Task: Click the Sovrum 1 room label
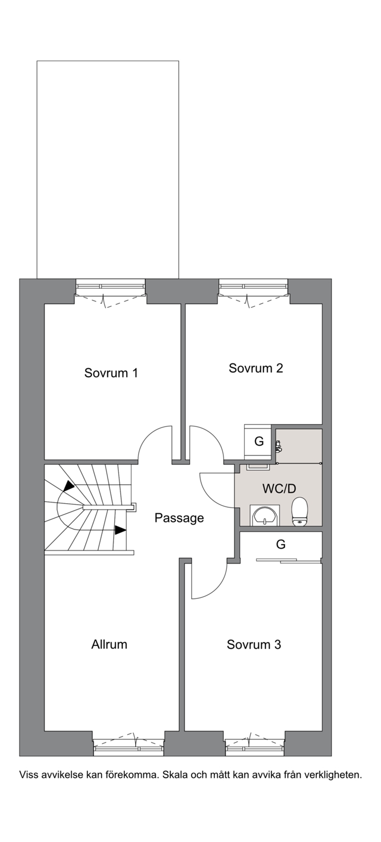click(x=111, y=373)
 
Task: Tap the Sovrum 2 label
click(x=256, y=368)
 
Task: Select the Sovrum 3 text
click(x=254, y=645)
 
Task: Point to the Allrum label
click(x=109, y=645)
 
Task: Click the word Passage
click(x=179, y=518)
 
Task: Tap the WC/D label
click(x=279, y=488)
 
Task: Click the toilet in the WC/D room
click(x=299, y=511)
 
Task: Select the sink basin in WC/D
click(x=265, y=515)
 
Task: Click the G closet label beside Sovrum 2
click(x=259, y=441)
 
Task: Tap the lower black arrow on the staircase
click(x=120, y=530)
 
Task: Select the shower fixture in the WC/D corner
click(x=278, y=446)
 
